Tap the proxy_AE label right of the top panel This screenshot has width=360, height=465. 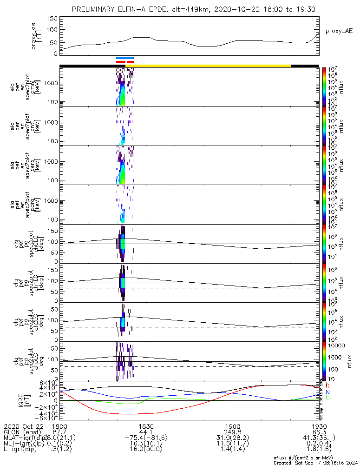[x=339, y=31]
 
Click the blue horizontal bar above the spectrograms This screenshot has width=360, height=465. [x=125, y=58]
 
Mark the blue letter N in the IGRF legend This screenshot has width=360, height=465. [x=327, y=392]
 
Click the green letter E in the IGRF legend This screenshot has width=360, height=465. [x=327, y=398]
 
